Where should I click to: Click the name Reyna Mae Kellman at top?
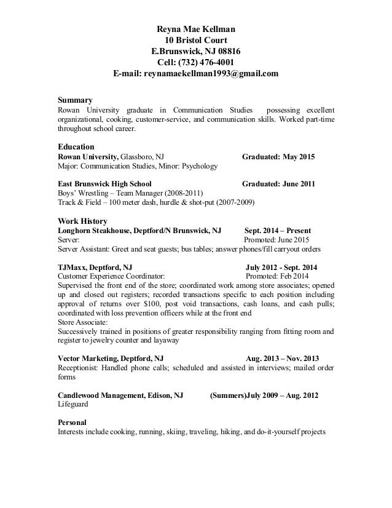(x=195, y=29)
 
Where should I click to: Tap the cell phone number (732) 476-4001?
(x=206, y=63)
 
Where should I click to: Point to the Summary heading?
(x=74, y=100)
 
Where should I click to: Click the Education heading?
(x=76, y=148)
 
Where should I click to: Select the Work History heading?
(x=82, y=221)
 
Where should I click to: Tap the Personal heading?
(x=73, y=423)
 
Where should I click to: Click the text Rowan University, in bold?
(x=88, y=157)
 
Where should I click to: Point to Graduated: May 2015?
(x=278, y=157)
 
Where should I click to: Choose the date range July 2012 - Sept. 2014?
(x=281, y=268)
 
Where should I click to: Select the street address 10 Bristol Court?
(x=195, y=41)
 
